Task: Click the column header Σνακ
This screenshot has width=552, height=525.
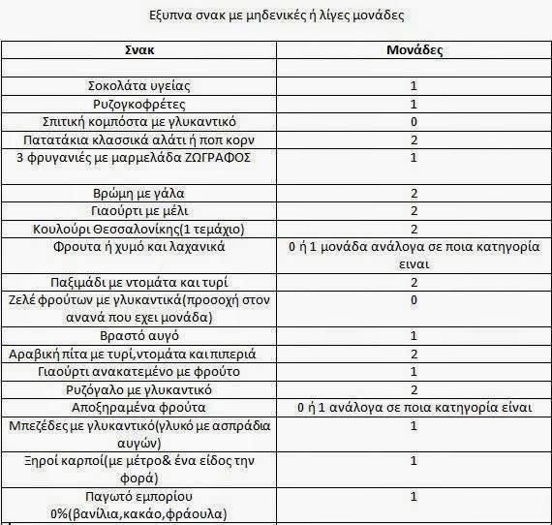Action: (141, 49)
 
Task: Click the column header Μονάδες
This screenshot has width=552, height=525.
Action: (414, 49)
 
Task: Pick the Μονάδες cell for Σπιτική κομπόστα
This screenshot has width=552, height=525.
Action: (414, 122)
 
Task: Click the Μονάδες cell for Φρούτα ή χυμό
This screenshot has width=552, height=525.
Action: (414, 255)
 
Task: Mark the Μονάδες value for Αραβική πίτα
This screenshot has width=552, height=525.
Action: (414, 354)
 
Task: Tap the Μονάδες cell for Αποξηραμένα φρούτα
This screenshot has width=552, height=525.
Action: (414, 407)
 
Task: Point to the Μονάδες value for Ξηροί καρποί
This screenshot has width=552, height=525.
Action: (414, 461)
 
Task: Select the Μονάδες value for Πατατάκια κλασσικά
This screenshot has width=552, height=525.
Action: (414, 139)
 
